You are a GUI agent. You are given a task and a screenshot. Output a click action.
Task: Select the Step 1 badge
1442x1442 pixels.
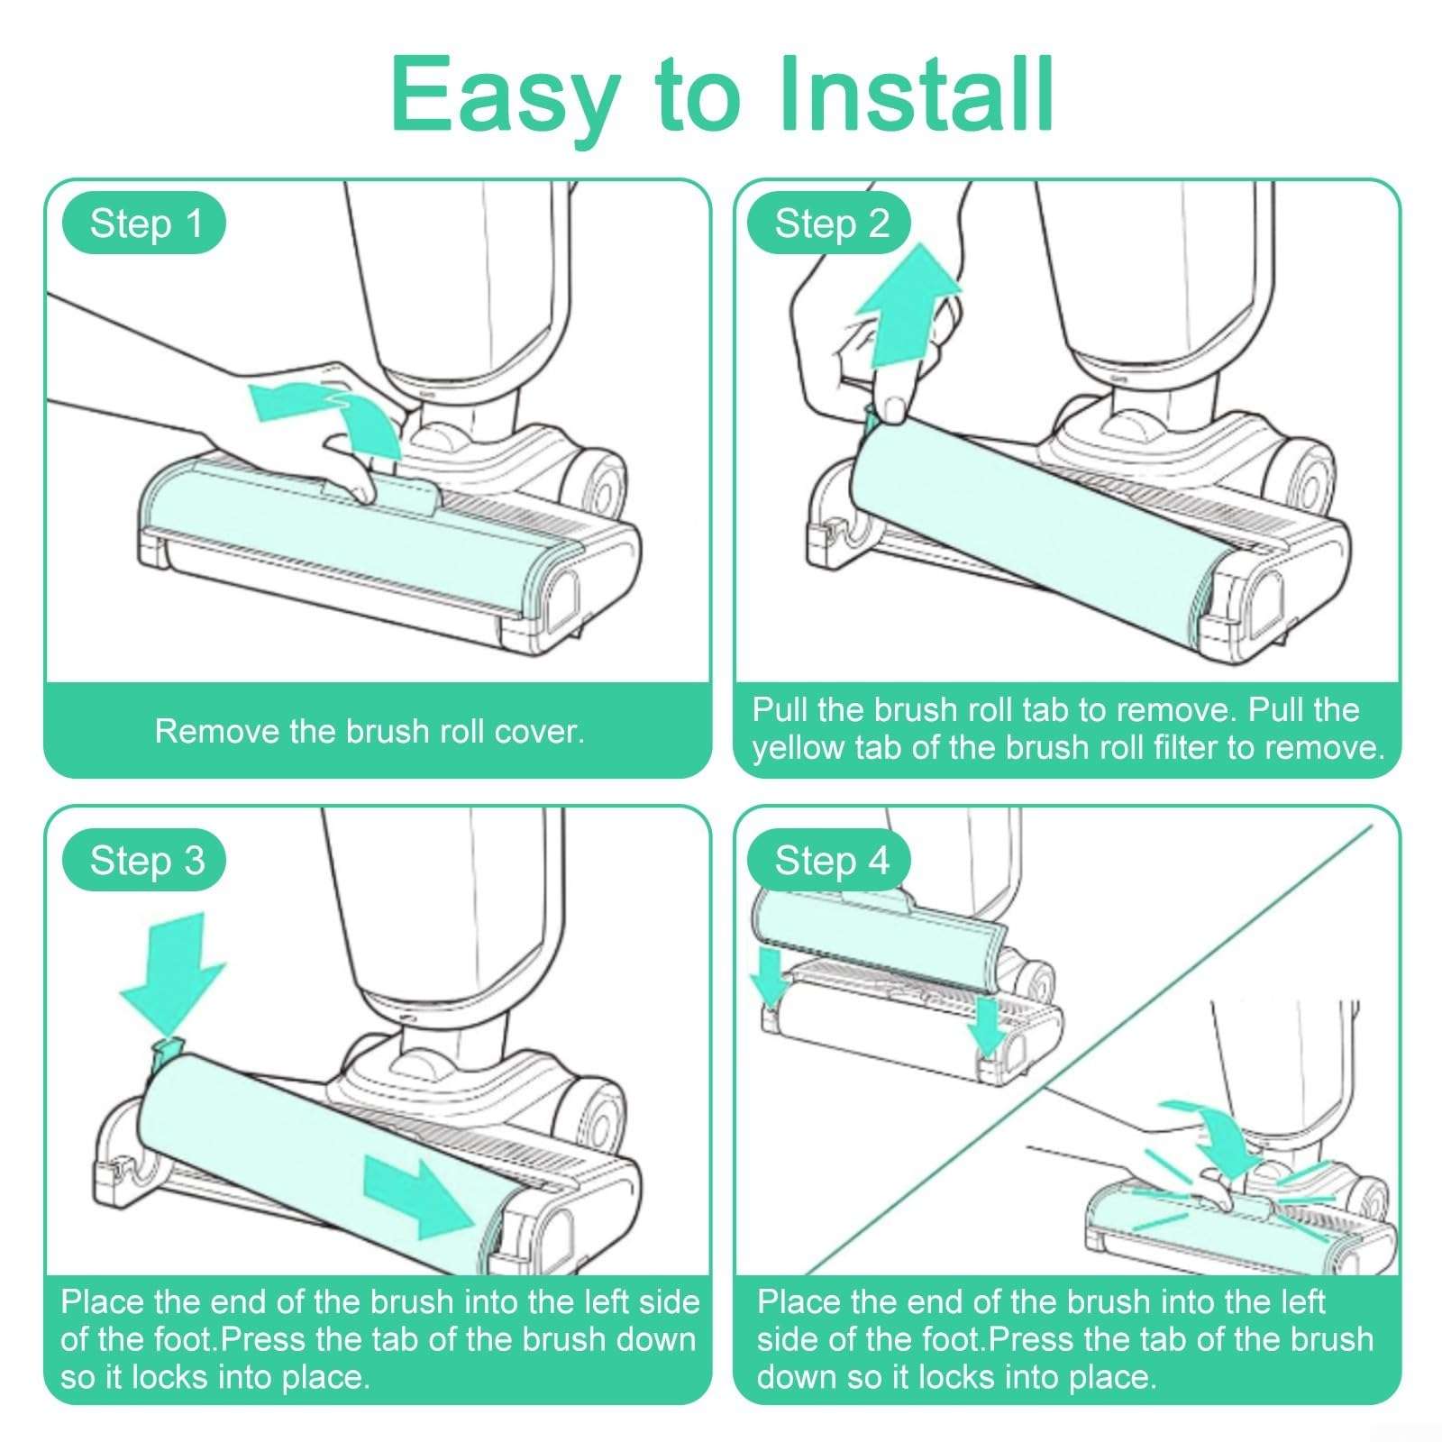[x=144, y=224]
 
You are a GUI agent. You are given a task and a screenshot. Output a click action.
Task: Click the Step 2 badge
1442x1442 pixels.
[x=830, y=224]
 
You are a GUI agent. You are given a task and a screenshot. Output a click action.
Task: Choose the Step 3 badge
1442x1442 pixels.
[x=144, y=861]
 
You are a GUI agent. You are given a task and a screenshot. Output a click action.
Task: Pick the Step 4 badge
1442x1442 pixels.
[x=830, y=861]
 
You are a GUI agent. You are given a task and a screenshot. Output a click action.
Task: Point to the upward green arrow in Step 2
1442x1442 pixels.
[x=906, y=306]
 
